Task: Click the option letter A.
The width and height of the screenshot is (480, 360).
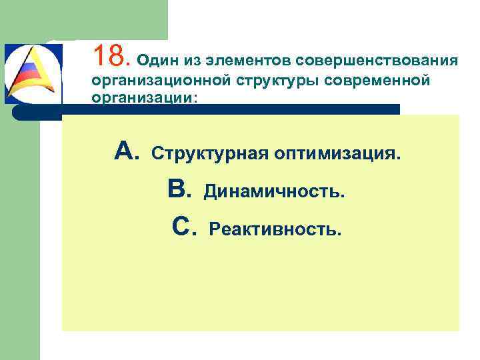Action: click(x=126, y=153)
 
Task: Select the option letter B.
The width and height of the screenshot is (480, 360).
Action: click(x=180, y=191)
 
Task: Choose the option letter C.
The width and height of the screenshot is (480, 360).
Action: click(x=183, y=227)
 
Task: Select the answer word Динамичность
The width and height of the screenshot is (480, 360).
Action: click(x=275, y=192)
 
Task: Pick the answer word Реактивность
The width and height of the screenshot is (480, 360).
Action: click(x=275, y=229)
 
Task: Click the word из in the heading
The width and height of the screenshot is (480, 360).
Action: click(x=197, y=61)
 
